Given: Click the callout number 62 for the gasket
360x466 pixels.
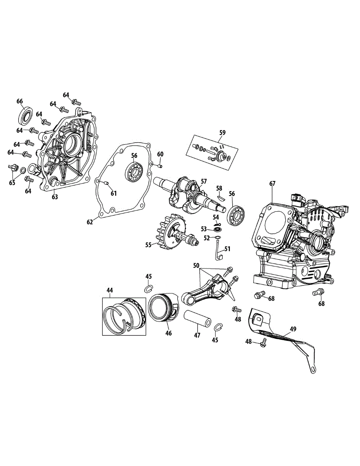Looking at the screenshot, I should [90, 222].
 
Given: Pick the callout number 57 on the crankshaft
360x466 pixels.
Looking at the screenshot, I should [204, 181].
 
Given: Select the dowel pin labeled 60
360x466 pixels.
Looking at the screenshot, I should [160, 166].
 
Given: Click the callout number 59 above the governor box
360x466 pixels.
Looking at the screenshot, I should [222, 132].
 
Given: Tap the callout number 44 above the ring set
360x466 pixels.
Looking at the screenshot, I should [110, 290].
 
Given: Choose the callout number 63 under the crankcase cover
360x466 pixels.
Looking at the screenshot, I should [55, 197].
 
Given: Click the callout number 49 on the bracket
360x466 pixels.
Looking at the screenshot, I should [292, 329].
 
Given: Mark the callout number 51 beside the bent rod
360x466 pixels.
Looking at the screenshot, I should [227, 249].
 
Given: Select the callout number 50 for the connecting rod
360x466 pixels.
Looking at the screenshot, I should [197, 265].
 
